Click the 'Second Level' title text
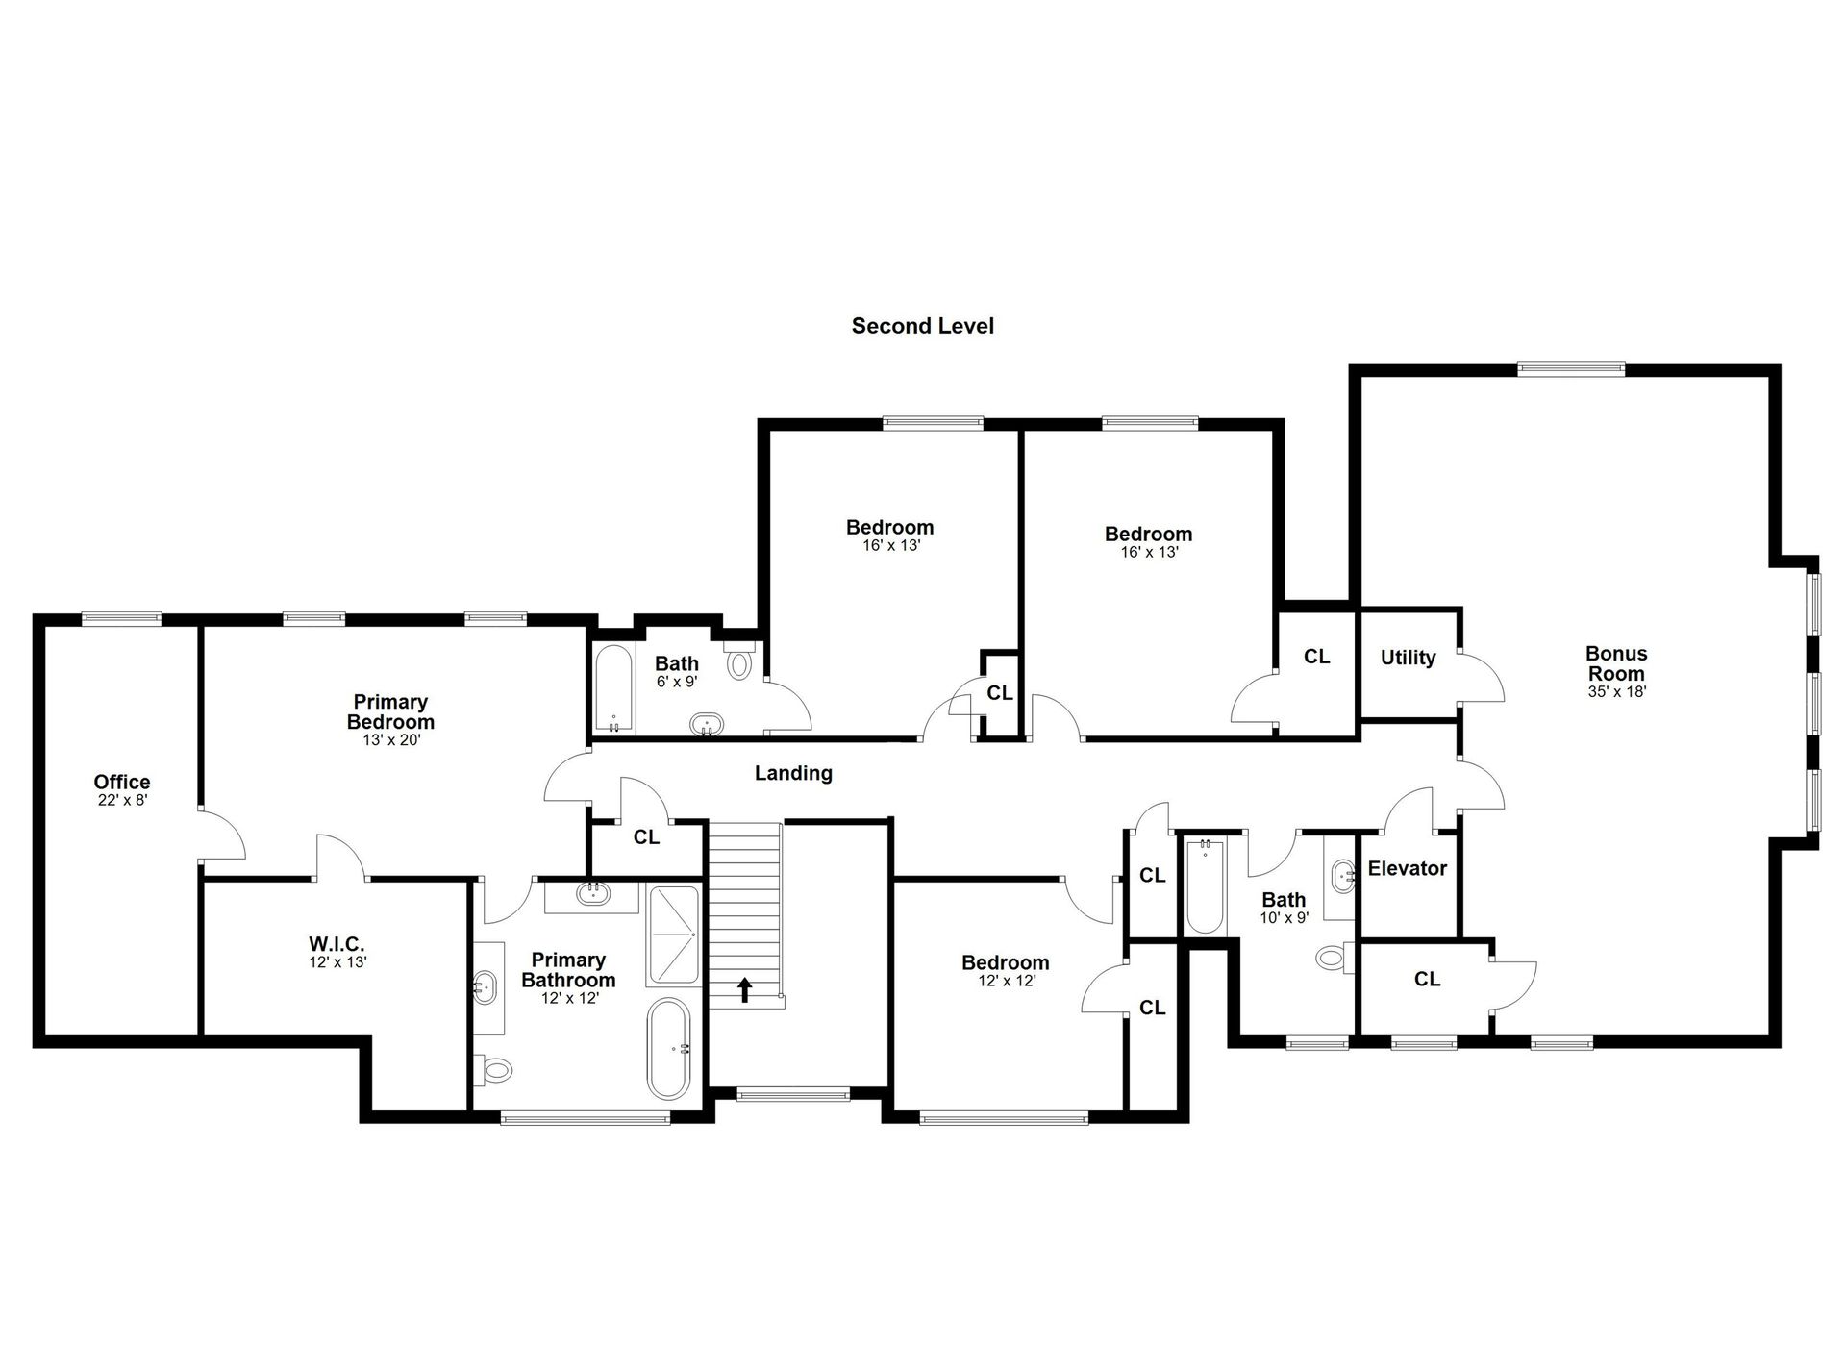click(x=922, y=326)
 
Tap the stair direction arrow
click(x=745, y=989)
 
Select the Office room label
click(x=122, y=782)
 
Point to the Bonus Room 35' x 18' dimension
click(x=1617, y=691)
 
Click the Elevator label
click(x=1408, y=868)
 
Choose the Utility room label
click(x=1409, y=658)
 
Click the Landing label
click(x=793, y=773)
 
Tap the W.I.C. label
click(x=337, y=944)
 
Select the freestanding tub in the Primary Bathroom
click(x=668, y=1049)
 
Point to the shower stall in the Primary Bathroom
click(x=674, y=935)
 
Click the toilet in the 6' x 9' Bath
click(x=739, y=661)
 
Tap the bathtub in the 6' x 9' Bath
click(x=613, y=688)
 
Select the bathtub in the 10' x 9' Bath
click(x=1205, y=885)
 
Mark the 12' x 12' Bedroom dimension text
click(x=1006, y=981)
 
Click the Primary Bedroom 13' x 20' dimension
click(x=390, y=740)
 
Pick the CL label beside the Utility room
click(x=1317, y=657)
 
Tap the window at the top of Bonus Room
click(x=1571, y=368)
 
